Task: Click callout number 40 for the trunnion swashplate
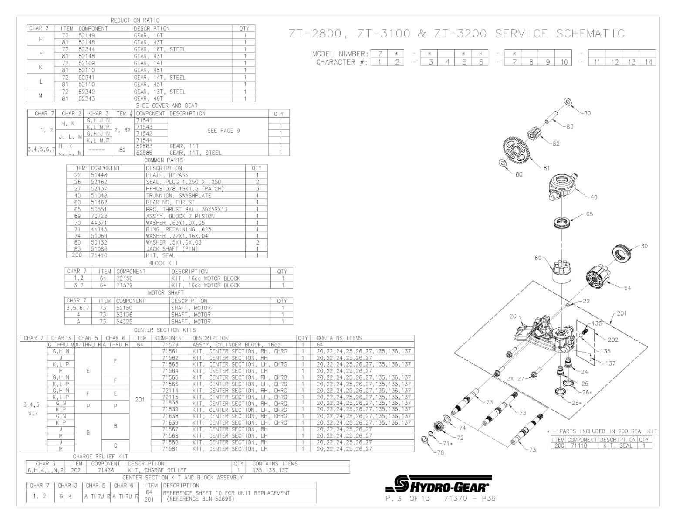pyautogui.click(x=594, y=197)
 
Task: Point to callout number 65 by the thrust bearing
pyautogui.click(x=589, y=214)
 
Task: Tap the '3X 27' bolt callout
pyautogui.click(x=516, y=378)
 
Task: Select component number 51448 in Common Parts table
pyautogui.click(x=99, y=175)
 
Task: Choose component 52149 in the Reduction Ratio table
pyautogui.click(x=87, y=35)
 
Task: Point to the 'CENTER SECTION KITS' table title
pyautogui.click(x=165, y=330)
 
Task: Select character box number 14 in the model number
pyautogui.click(x=649, y=62)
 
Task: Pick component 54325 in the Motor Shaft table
pyautogui.click(x=125, y=321)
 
